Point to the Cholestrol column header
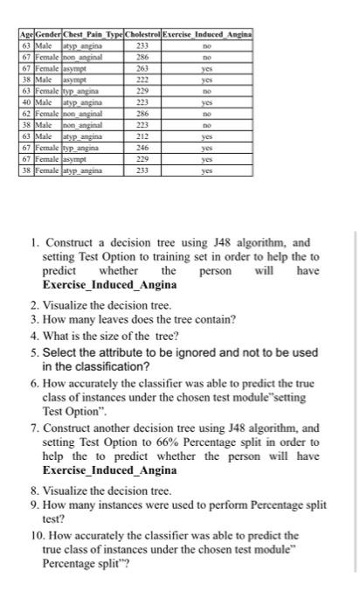[142, 33]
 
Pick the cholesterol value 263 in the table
[142, 64]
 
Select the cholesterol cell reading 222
[142, 74]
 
